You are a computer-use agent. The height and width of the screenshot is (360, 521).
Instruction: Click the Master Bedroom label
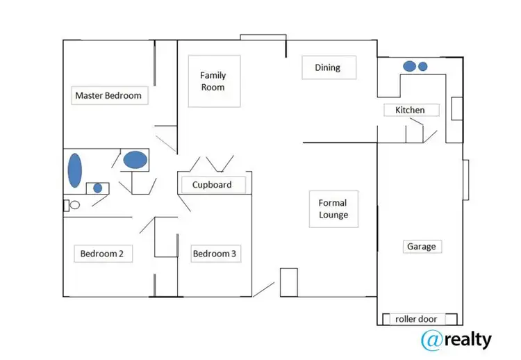[x=108, y=96]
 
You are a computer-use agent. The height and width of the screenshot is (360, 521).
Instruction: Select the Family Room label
[x=213, y=81]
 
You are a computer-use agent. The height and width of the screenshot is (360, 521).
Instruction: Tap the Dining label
[x=328, y=67]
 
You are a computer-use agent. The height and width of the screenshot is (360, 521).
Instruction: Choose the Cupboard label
[x=212, y=184]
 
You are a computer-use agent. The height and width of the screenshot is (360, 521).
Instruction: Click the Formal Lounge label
[x=333, y=209]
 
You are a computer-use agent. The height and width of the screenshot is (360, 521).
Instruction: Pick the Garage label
[x=422, y=247]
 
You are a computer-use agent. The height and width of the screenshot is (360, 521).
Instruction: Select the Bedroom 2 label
[x=102, y=254]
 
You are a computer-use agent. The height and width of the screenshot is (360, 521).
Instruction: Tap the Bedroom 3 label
[x=215, y=254]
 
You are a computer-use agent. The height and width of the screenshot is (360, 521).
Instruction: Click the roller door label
[x=416, y=319]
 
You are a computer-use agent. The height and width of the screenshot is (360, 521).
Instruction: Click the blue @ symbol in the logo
[x=433, y=339]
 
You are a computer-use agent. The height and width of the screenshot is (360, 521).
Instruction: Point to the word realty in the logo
[x=468, y=339]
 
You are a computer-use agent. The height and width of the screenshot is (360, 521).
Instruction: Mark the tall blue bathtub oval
[x=74, y=170]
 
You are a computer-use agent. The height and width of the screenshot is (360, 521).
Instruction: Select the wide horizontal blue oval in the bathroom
[x=135, y=160]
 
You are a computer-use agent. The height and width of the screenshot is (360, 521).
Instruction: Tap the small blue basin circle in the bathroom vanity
[x=98, y=188]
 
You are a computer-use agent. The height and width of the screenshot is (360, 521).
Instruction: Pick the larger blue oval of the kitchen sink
[x=410, y=66]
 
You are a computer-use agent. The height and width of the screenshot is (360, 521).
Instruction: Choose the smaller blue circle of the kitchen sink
[x=423, y=67]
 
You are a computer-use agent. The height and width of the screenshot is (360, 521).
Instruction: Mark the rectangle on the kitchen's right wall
[x=457, y=109]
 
